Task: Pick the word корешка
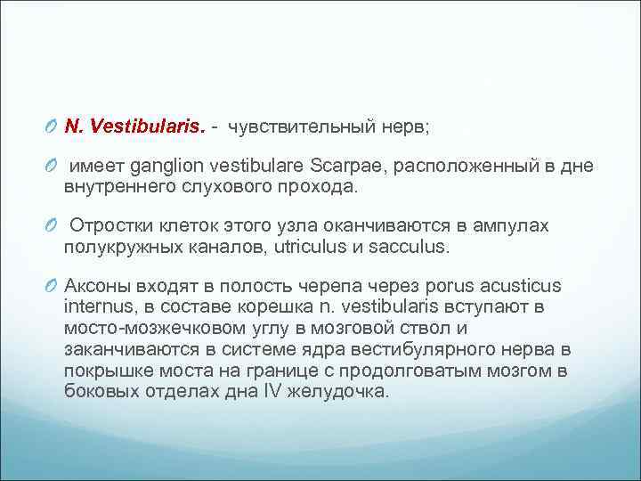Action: (251, 306)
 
